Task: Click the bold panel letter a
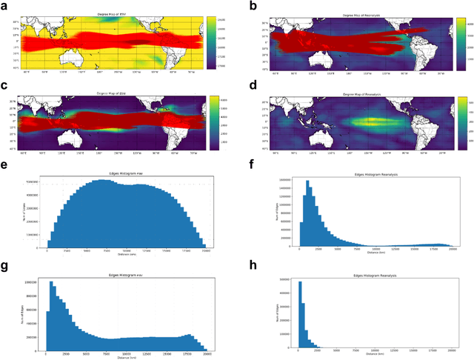point(5,5)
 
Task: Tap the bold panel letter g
point(5,262)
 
